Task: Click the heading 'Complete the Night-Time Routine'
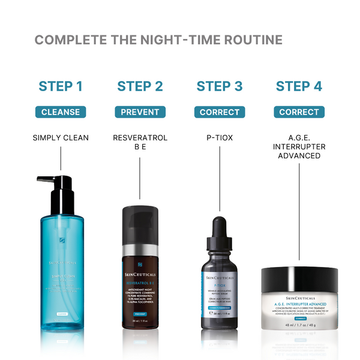158,40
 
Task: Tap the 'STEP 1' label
61,86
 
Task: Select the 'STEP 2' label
140,86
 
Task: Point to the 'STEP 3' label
220,86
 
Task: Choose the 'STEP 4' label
299,86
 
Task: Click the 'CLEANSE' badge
61,112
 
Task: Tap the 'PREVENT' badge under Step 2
140,112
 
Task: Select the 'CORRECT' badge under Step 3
220,112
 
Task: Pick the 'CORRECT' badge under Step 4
299,112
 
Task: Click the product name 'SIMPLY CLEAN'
61,138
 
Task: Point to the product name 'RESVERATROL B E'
140,142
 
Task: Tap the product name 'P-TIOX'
220,138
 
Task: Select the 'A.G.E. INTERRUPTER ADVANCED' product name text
299,146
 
